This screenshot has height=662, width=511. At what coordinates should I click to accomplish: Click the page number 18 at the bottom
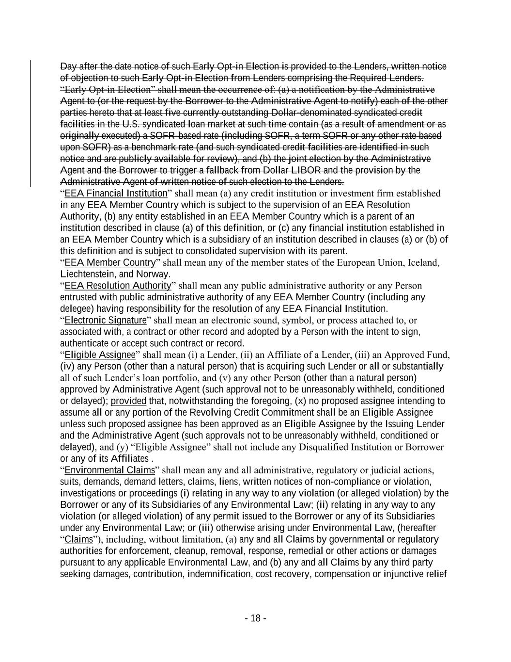point(256,618)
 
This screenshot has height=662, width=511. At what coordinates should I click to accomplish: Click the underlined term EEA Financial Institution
point(115,194)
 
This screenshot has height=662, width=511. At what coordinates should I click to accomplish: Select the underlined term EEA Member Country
point(110,263)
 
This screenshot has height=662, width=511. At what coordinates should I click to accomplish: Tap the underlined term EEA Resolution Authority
point(118,286)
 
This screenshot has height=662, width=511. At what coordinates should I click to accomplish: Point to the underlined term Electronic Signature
point(105,320)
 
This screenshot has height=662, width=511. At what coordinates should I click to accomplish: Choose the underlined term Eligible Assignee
point(100,355)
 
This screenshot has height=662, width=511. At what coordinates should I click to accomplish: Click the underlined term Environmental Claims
point(109,470)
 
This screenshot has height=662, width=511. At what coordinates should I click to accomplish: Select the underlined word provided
point(128,401)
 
